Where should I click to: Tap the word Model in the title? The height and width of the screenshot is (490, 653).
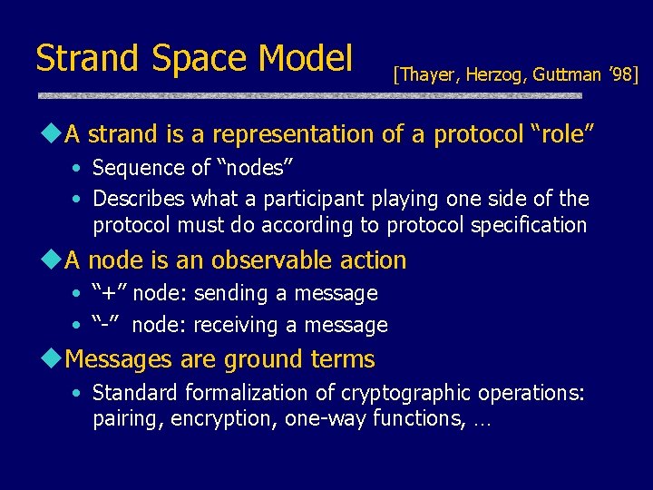(306, 58)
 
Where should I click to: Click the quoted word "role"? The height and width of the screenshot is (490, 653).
(560, 134)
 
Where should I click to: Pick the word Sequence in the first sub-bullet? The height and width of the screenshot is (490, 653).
(133, 168)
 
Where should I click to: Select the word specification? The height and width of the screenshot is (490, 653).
(527, 224)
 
